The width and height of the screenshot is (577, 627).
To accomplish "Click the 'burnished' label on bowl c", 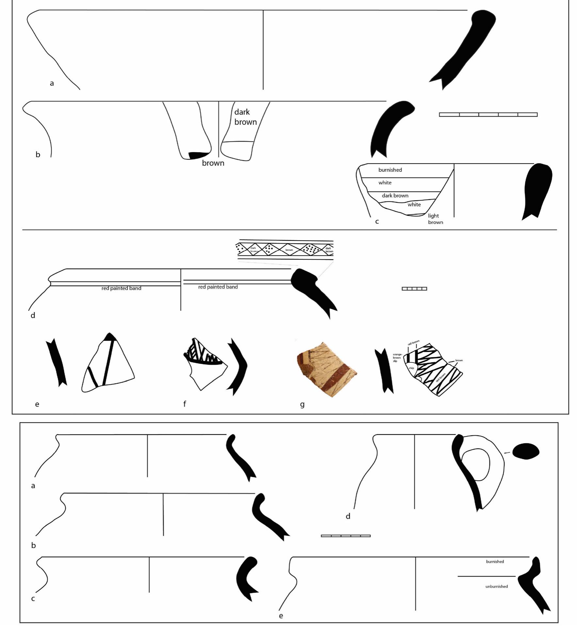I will pyautogui.click(x=390, y=170).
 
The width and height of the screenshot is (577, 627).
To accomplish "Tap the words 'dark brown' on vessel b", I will pyautogui.click(x=245, y=117).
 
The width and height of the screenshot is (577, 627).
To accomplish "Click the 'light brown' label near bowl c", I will pyautogui.click(x=435, y=219).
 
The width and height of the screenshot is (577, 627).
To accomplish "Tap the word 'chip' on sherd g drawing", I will pyautogui.click(x=411, y=368).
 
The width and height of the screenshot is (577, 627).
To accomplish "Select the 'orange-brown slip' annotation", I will pyautogui.click(x=397, y=358).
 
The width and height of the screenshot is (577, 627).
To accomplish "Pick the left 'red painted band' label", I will pyautogui.click(x=121, y=288).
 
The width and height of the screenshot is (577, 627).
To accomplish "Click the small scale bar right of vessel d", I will pyautogui.click(x=414, y=289).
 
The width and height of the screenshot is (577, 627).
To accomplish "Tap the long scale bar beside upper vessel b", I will pyautogui.click(x=488, y=115).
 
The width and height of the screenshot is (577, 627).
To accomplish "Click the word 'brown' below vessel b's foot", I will pyautogui.click(x=213, y=163).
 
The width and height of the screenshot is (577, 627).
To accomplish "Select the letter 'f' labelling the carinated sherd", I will pyautogui.click(x=184, y=404).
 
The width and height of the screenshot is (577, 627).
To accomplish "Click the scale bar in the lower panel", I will pyautogui.click(x=345, y=536).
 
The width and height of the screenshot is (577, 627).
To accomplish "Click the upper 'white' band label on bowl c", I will pyautogui.click(x=385, y=183).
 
